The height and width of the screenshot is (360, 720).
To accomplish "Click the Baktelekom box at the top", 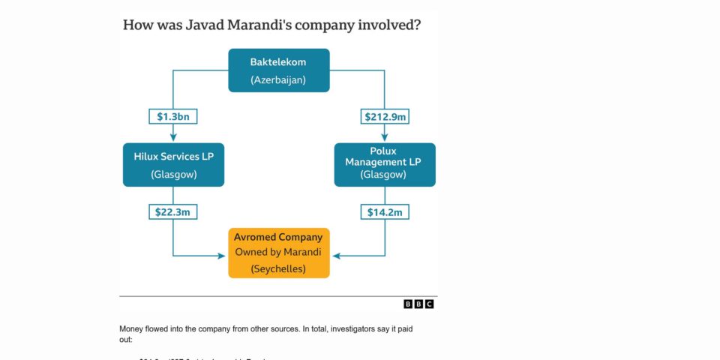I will pos(278,70).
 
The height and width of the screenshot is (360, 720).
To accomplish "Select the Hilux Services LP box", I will pos(173,165).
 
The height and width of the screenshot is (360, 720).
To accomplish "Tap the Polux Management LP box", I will pos(384,164).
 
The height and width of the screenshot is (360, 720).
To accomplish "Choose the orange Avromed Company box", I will pos(278,253).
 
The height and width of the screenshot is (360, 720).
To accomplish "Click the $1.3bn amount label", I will pos(173,116).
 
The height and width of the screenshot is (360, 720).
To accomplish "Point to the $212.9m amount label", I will pos(384,116).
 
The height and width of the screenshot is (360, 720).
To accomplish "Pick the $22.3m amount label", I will pos(173,212).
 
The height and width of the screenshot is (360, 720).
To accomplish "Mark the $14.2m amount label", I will pos(384,212).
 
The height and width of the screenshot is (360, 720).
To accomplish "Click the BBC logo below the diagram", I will pos(418,304).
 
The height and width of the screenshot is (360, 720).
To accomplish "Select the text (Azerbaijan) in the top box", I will pos(278,79).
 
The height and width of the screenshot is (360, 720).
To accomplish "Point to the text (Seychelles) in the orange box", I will pos(278,268).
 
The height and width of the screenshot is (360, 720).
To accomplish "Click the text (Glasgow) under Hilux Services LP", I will pos(173,175).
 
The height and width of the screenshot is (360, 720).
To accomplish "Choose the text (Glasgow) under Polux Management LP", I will pos(384,175).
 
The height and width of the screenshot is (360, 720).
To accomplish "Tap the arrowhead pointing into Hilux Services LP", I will pos(173,137).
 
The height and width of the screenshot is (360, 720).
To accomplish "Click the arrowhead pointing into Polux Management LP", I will pos(384,137).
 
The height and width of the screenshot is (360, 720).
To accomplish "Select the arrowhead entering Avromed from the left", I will pos(223,256).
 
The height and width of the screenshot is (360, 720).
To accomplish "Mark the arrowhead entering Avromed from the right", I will pos(334,256).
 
